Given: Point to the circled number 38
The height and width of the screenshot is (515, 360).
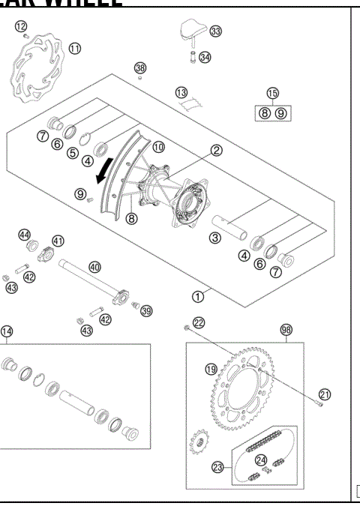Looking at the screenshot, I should [x=140, y=68].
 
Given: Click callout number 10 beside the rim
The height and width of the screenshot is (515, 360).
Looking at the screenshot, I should [x=157, y=148].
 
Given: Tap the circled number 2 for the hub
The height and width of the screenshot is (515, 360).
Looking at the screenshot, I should [x=216, y=150].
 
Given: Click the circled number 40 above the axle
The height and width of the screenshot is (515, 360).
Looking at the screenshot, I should [x=94, y=266].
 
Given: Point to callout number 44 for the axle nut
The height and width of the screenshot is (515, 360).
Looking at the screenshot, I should [x=24, y=235].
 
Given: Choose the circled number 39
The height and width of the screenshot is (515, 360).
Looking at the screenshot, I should [x=146, y=311].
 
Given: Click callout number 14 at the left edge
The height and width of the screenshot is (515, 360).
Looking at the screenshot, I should [x=7, y=331].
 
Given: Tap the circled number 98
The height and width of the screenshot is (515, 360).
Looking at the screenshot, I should [x=286, y=330].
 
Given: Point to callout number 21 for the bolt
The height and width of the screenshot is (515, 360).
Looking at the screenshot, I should [x=324, y=393].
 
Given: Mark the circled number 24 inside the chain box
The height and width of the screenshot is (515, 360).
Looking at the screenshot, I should [x=262, y=460].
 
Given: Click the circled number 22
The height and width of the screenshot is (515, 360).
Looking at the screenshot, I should [x=198, y=322].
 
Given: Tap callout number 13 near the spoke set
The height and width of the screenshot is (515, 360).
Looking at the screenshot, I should [x=181, y=92].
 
